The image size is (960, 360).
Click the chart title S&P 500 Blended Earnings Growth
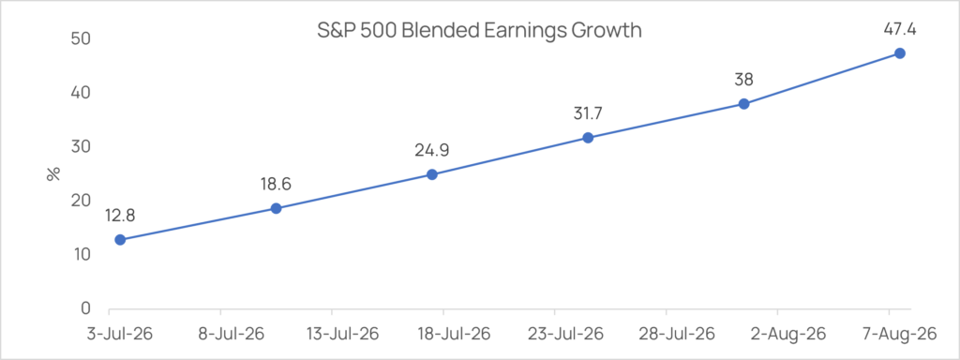tap(479, 30)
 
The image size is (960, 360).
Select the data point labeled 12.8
tap(120, 239)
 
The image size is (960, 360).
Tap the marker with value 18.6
tap(277, 208)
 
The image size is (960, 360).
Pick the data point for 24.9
tap(431, 174)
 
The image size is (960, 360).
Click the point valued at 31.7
tap(588, 138)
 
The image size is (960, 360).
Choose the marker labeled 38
tap(743, 104)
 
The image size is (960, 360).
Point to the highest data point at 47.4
tap(900, 53)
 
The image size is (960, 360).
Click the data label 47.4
tap(900, 29)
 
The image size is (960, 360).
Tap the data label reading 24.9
tap(431, 150)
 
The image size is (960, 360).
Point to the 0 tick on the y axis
tap(84, 308)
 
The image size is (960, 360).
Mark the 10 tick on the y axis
tap(80, 255)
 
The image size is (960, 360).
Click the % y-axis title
tap(53, 173)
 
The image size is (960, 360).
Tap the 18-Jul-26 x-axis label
tap(443, 335)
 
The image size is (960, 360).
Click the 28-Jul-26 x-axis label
tap(666, 335)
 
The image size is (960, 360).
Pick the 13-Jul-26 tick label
tap(332, 335)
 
